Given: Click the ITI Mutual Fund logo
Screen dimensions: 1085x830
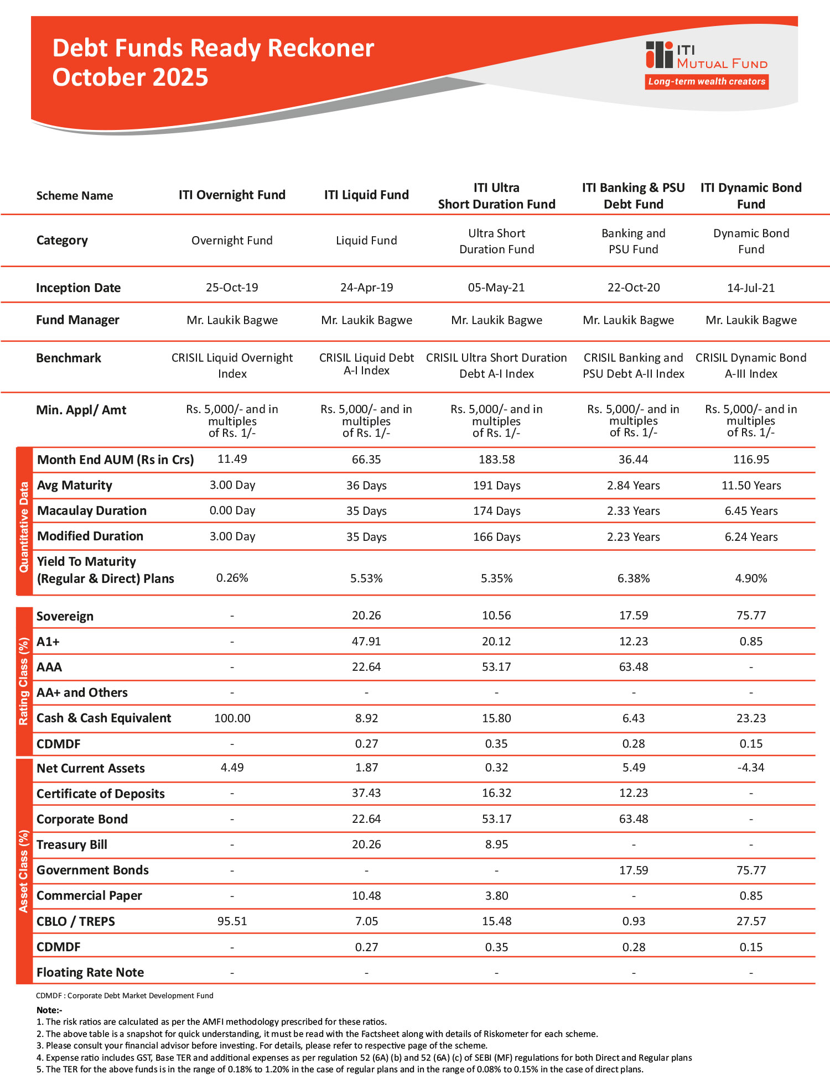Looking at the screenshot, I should click(x=706, y=56).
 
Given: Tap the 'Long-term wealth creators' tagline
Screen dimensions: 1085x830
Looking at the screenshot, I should click(x=707, y=82).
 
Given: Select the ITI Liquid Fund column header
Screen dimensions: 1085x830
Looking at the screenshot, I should click(x=366, y=195).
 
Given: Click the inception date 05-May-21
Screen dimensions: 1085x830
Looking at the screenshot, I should click(x=496, y=288).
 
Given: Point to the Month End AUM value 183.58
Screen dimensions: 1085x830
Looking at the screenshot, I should click(x=496, y=460).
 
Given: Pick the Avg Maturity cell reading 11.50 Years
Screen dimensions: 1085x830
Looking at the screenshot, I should click(x=751, y=486).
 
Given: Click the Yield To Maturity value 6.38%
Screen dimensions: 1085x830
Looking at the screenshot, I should click(x=634, y=578).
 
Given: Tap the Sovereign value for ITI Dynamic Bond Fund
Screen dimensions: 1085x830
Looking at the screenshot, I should click(x=751, y=615).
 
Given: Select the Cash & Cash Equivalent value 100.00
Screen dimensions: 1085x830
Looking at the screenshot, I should click(x=232, y=718).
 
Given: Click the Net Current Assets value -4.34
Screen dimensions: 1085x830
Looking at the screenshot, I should click(x=751, y=768).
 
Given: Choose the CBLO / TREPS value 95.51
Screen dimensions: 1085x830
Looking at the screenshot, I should click(x=232, y=921).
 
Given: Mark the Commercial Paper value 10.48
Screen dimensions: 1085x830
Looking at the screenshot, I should click(x=366, y=896).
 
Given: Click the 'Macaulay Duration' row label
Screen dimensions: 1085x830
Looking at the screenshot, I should click(x=92, y=511).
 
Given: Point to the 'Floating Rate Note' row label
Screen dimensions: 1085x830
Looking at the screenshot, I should click(x=90, y=972).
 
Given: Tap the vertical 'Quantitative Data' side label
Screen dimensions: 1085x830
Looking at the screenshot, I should click(x=24, y=527).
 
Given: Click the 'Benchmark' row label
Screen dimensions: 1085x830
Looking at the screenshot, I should click(x=69, y=358).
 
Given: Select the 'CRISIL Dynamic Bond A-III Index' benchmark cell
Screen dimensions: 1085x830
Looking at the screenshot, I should click(x=751, y=366).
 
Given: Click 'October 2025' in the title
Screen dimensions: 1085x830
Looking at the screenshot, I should click(x=130, y=77).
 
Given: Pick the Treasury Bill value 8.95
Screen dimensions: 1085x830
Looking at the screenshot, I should click(x=496, y=844).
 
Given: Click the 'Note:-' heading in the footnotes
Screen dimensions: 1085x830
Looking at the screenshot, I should click(x=49, y=1010).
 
